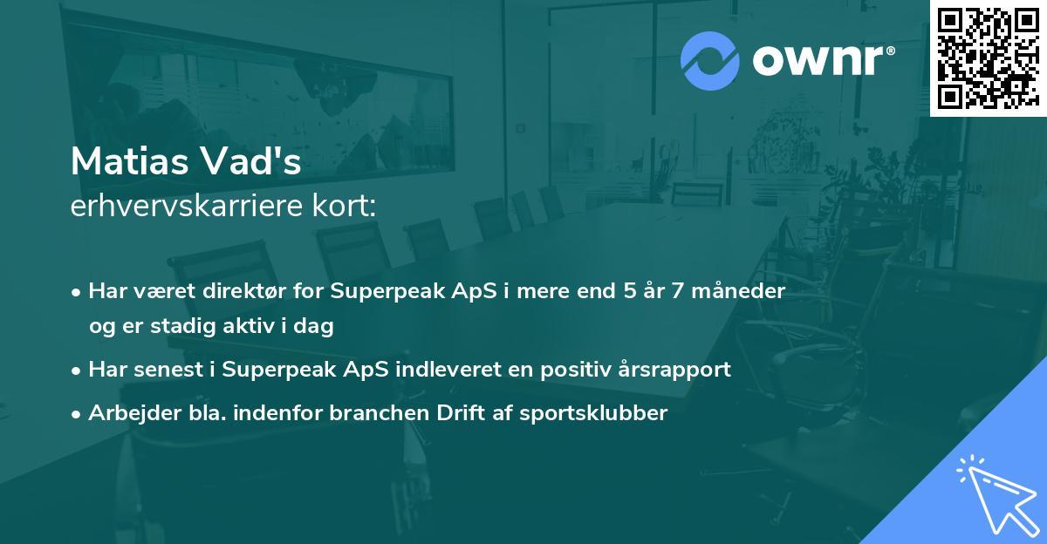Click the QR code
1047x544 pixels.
[x=988, y=58]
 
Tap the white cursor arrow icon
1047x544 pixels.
[x=994, y=493]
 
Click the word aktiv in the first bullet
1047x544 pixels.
[x=260, y=327]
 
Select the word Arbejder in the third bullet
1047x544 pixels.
[x=127, y=412]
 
